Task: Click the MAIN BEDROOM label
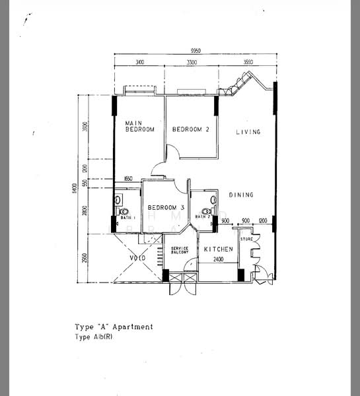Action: click(x=140, y=126)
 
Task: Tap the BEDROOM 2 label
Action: click(x=191, y=129)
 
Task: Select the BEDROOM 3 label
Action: click(x=165, y=207)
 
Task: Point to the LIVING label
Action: click(x=248, y=132)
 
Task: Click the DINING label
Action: click(x=241, y=195)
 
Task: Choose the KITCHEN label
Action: click(x=218, y=249)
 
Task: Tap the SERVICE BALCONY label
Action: click(x=180, y=251)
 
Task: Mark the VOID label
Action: click(x=137, y=258)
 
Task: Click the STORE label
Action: click(x=246, y=238)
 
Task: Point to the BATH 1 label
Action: click(x=127, y=217)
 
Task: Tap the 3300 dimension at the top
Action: click(x=191, y=62)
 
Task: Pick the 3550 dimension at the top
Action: click(x=248, y=62)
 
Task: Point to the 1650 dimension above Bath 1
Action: click(x=128, y=179)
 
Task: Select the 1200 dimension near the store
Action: click(x=264, y=221)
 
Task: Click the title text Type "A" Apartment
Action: click(x=114, y=327)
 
